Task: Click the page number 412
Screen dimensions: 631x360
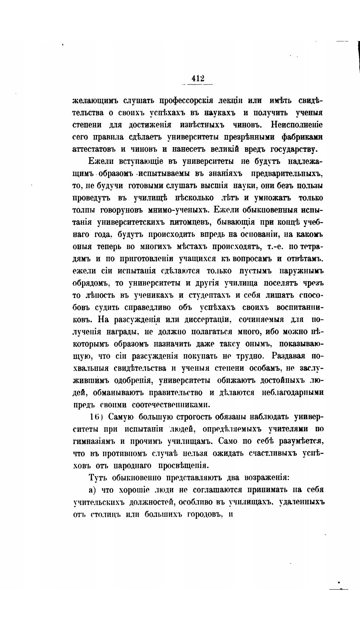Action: point(198,78)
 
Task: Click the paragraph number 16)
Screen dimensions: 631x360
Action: point(95,417)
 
